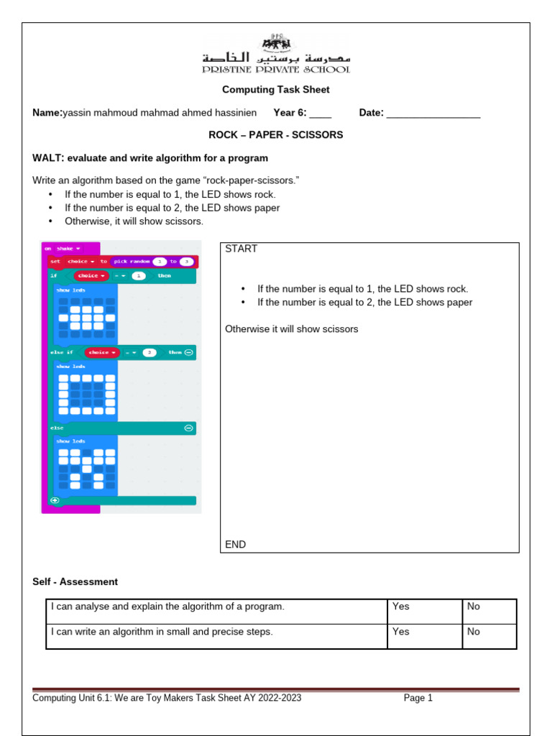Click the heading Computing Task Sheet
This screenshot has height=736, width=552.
tap(276, 90)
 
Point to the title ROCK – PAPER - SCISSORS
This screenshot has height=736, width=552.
tap(276, 135)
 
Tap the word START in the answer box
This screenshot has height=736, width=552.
tap(241, 249)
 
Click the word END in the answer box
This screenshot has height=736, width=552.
tap(235, 544)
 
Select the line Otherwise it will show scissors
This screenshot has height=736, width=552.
tap(291, 329)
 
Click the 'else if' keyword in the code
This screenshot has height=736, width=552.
tap(61, 352)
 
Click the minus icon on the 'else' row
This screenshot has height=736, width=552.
tap(188, 428)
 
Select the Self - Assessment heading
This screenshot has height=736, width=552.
tap(75, 581)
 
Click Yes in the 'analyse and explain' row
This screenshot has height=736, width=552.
tap(401, 607)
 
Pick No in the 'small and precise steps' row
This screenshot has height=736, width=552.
tap(473, 632)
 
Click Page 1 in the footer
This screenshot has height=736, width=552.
tap(418, 698)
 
